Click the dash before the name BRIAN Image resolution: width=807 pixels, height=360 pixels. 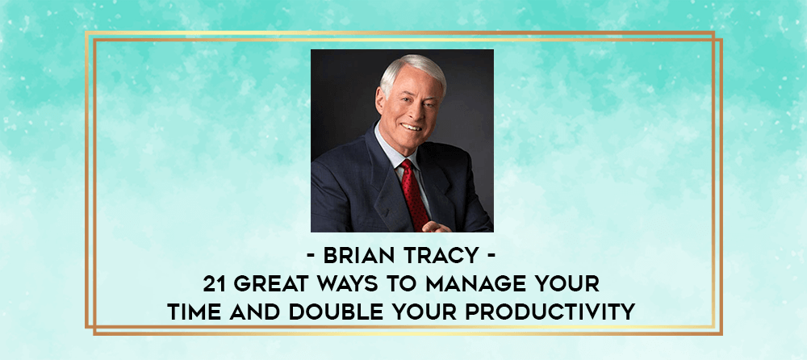pos(312,257)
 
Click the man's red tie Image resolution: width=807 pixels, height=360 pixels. pos(415,193)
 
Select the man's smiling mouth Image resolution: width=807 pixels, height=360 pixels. pos(412,126)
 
